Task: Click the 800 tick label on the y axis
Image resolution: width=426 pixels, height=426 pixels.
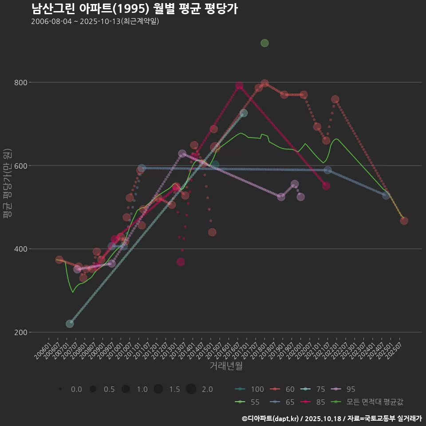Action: tap(20, 83)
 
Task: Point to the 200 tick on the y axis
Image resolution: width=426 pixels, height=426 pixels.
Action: tap(20, 332)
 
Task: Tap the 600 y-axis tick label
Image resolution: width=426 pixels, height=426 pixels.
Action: tap(20, 166)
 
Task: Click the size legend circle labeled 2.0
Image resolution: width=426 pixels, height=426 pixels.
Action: tap(191, 389)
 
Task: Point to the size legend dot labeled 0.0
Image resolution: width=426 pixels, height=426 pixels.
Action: tap(60, 389)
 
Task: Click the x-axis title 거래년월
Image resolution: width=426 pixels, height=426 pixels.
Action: tap(226, 366)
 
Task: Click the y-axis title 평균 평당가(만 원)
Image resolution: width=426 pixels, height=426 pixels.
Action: tap(7, 182)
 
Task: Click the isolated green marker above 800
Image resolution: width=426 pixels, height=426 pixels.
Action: tap(264, 43)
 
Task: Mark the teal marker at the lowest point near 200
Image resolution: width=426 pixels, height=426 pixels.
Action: tap(70, 323)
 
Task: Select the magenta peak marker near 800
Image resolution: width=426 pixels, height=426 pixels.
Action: tap(239, 86)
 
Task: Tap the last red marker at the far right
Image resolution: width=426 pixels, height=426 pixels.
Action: tap(404, 221)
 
